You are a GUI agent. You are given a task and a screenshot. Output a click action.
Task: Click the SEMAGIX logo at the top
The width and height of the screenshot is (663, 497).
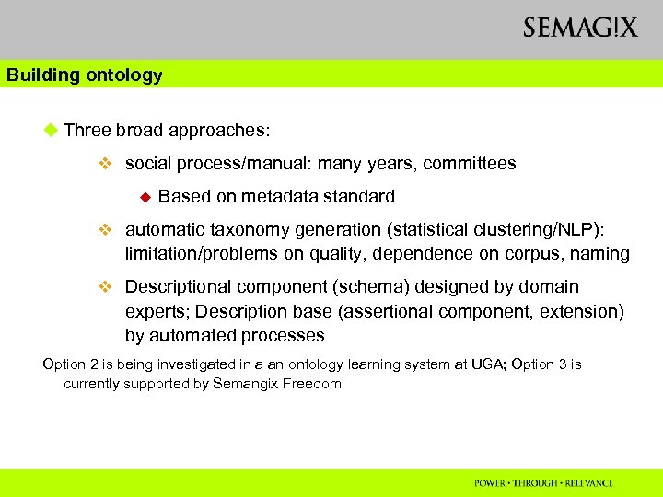click(579, 28)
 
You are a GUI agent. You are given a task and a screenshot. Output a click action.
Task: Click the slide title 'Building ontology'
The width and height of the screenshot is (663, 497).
click(84, 75)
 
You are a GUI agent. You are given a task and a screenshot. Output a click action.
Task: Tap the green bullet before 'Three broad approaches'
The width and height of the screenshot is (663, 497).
click(51, 130)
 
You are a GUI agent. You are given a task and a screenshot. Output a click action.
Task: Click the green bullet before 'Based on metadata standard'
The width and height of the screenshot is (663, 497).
click(144, 197)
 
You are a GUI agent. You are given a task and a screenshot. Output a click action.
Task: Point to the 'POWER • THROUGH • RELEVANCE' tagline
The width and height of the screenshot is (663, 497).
click(543, 483)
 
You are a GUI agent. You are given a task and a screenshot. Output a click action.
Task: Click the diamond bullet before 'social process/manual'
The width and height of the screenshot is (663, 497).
click(105, 165)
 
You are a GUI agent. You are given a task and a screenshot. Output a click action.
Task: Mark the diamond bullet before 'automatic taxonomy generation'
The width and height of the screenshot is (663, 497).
click(105, 230)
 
